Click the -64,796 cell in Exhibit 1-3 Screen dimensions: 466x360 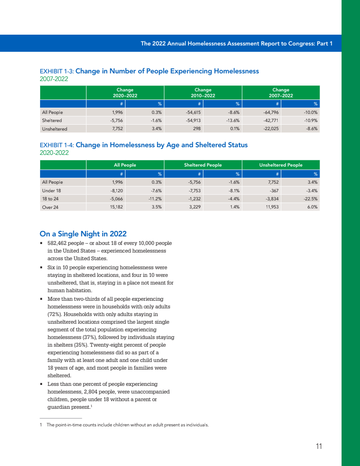[272, 112]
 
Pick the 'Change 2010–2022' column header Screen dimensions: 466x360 [203, 93]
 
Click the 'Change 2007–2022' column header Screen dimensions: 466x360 [281, 93]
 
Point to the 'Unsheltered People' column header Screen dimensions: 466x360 [281, 165]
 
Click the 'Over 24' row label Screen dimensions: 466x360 [49, 207]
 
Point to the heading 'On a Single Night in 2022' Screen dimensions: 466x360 [83, 234]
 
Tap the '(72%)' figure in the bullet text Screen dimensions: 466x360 [55, 314]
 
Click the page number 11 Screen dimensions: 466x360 [319, 446]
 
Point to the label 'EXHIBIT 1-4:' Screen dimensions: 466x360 [57, 145]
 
